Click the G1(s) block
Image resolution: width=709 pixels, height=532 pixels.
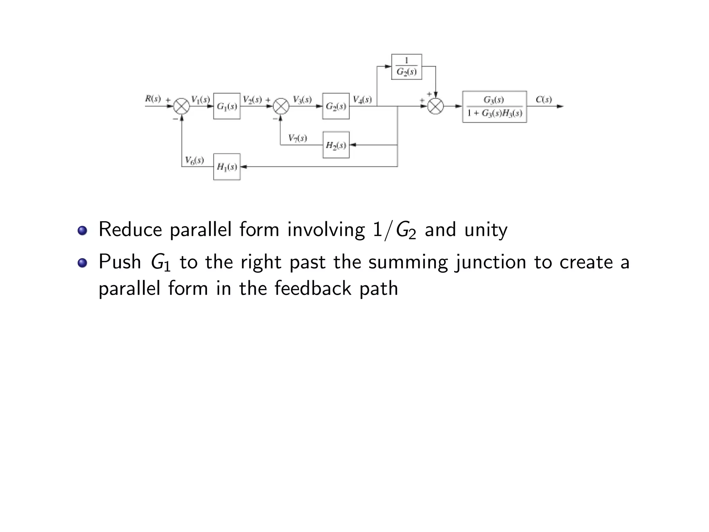227,106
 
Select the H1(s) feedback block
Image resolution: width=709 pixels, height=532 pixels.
227,167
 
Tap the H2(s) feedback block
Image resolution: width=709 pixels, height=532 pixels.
336,145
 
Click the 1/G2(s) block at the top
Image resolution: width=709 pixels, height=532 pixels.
406,66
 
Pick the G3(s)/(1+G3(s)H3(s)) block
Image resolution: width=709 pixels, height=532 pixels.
494,107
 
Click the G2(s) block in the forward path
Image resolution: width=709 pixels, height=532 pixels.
336,106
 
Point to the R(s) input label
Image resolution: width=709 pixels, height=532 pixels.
153,99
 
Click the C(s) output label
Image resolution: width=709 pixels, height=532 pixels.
544,100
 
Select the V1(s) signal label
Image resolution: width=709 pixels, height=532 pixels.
200,100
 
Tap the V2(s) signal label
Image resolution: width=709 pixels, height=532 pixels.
252,100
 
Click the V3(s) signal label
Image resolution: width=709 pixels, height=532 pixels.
302,100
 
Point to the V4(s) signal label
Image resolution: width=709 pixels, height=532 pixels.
362,100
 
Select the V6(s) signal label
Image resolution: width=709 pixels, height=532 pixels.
194,160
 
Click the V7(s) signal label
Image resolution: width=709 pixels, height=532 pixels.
297,138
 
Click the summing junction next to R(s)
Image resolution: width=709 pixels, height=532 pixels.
181,106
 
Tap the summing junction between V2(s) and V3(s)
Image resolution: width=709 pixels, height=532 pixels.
281,106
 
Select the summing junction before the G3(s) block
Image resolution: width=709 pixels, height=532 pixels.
436,106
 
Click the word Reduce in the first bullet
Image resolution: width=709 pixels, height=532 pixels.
130,229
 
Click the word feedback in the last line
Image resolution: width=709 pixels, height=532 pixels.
313,288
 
